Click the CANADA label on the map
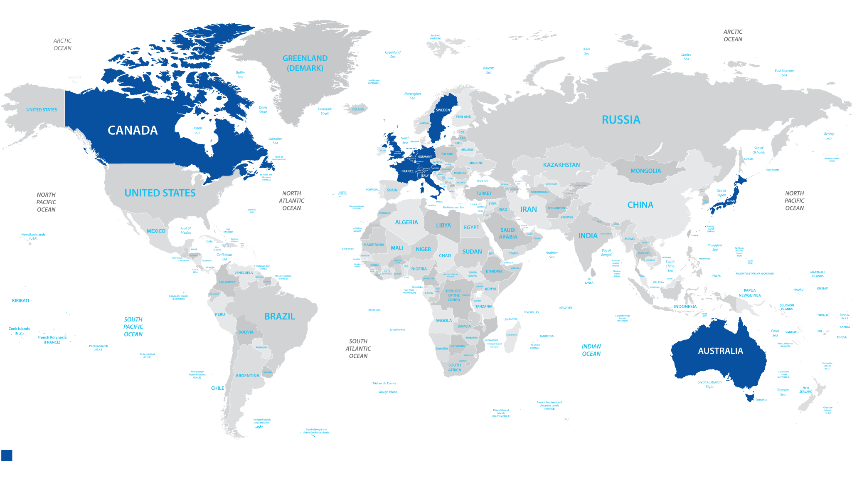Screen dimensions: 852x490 (133, 131)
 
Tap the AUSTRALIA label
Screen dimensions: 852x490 (720, 351)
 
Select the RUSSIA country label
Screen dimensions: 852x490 (621, 120)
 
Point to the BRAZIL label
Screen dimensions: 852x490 (280, 316)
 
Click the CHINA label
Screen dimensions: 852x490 (640, 205)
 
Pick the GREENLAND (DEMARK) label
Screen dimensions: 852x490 (305, 63)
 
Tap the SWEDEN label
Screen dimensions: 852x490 (443, 110)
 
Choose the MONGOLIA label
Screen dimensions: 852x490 (645, 171)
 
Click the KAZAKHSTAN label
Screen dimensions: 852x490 (561, 165)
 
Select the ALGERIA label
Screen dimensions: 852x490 (406, 222)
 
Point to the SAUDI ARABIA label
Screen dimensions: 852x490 (508, 233)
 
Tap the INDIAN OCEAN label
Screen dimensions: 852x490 (591, 350)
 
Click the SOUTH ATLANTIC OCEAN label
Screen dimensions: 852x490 (358, 349)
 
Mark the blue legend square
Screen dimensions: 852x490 (7, 455)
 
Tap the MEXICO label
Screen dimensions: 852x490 (156, 231)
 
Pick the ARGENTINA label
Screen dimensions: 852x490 (247, 376)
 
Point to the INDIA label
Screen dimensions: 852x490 (588, 235)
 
